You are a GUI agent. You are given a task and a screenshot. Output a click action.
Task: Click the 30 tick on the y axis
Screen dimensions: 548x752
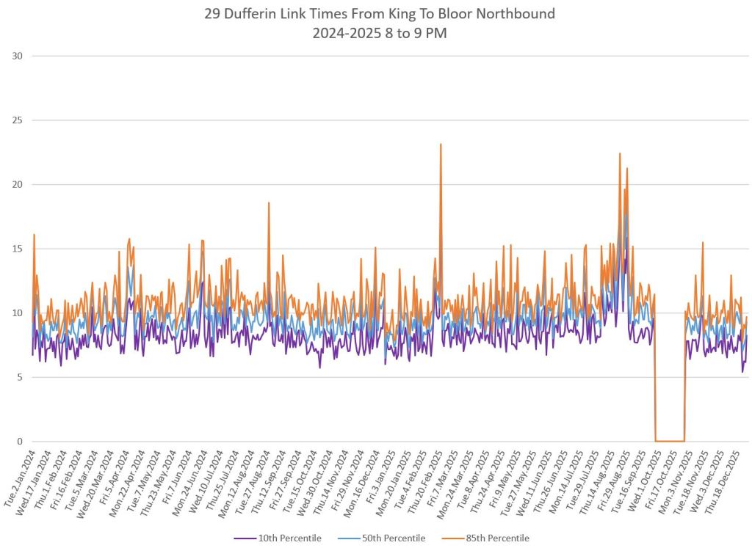[17, 56]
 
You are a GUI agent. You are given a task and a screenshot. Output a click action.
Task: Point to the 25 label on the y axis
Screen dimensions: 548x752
[17, 120]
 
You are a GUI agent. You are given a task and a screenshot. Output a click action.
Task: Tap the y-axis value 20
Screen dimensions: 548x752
[17, 184]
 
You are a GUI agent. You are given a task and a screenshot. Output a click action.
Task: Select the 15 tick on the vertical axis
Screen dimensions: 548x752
[17, 249]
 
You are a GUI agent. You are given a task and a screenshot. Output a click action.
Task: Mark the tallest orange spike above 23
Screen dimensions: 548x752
[441, 145]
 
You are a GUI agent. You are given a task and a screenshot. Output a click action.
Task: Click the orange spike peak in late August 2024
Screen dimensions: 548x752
[269, 203]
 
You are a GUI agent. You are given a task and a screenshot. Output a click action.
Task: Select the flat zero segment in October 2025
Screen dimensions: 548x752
[669, 441]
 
